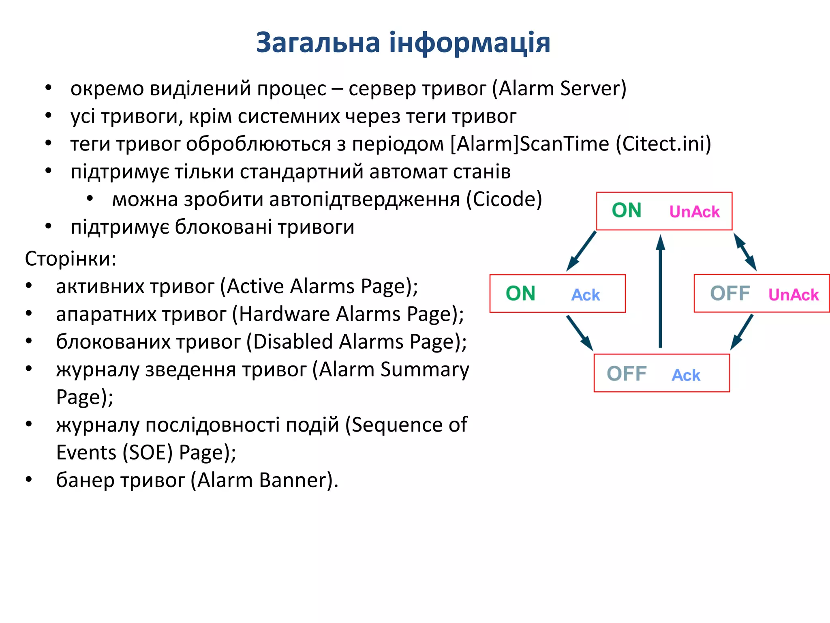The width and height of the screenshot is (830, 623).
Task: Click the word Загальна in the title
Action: pos(318,43)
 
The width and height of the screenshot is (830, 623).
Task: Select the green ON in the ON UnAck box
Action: pos(626,211)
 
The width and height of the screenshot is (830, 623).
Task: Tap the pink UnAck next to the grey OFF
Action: pos(793,295)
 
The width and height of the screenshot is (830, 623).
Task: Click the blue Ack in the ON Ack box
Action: pos(585,295)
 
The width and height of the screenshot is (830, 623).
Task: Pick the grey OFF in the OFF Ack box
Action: pos(626,374)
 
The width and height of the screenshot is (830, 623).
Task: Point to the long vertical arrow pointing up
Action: pos(661,292)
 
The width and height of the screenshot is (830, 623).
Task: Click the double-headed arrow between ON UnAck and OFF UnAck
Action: pos(745,252)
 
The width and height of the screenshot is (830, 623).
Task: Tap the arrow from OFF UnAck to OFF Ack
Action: pos(742,332)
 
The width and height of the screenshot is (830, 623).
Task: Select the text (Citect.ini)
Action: pos(663,144)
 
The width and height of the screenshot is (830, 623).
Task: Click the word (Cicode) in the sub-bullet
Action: pos(504,200)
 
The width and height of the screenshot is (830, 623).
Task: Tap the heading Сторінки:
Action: pos(71,258)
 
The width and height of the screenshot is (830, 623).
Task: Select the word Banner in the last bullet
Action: pos(293,480)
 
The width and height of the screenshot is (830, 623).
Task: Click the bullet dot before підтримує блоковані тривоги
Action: pos(48,226)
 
